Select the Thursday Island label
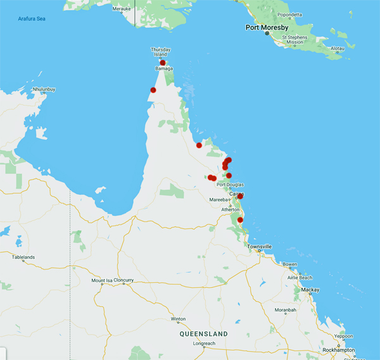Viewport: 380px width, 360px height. tap(161, 52)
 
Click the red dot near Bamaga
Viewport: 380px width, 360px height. tap(163, 63)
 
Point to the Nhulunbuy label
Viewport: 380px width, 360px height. tap(44, 90)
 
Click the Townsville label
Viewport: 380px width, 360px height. tap(260, 246)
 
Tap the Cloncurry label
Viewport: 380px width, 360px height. tap(125, 280)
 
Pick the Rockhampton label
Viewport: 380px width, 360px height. tap(336, 349)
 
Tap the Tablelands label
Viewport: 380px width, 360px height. tap(23, 257)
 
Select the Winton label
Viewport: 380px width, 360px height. tap(178, 319)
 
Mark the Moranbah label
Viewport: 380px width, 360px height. tap(286, 310)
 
